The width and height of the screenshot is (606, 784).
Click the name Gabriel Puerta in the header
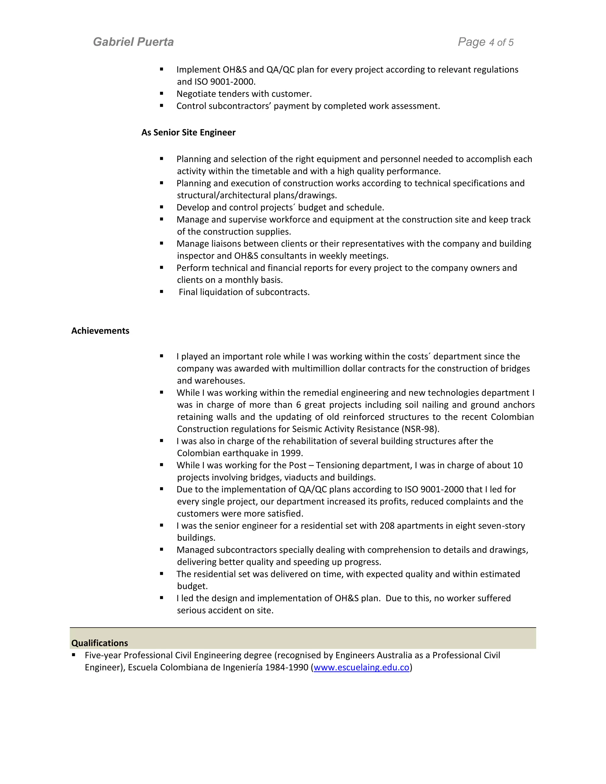tap(133, 42)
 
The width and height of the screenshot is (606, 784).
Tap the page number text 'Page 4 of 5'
tap(485, 42)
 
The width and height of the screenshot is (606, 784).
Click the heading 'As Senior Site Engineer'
tap(188, 133)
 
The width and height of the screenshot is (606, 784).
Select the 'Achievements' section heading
tap(100, 331)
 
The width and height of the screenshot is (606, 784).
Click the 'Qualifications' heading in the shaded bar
tap(99, 643)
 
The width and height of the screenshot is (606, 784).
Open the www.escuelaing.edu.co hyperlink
tap(361, 667)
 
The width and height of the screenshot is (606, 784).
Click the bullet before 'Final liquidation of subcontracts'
tap(162, 292)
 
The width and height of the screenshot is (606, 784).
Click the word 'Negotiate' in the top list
tap(194, 94)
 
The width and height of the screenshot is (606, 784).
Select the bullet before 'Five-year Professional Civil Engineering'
tap(74, 655)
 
